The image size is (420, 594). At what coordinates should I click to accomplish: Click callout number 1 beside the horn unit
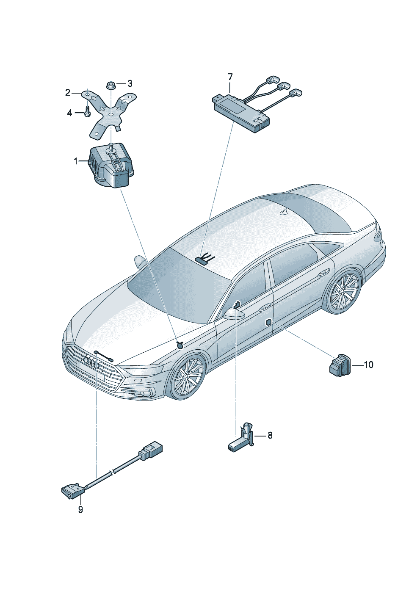[76, 161]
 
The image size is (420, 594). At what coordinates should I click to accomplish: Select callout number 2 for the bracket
[68, 92]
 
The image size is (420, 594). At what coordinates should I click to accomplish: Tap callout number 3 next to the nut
[130, 83]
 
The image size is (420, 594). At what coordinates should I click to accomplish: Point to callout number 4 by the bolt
[70, 113]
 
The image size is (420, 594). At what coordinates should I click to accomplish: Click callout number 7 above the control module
[230, 77]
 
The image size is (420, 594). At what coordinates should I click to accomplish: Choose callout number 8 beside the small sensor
[270, 435]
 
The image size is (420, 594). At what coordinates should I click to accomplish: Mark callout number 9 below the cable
[80, 510]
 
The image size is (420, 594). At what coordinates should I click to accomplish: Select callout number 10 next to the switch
[368, 365]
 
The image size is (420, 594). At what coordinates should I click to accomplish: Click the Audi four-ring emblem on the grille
[91, 362]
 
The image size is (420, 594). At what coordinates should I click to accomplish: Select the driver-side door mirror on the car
[235, 314]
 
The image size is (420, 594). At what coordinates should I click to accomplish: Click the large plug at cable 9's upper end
[151, 450]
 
